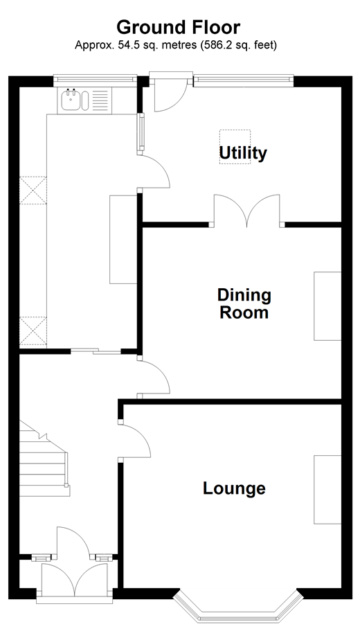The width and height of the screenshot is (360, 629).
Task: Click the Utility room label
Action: (243, 152)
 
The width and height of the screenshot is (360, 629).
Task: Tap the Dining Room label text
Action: (244, 304)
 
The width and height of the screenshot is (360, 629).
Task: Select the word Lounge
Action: (234, 488)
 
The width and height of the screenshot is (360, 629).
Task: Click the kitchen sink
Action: (71, 102)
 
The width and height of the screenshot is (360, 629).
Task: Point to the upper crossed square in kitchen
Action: (33, 191)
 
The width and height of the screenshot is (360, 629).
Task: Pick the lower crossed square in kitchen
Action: (33, 331)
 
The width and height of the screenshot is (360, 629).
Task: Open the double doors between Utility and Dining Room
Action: (246, 211)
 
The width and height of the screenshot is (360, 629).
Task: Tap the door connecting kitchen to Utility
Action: (155, 172)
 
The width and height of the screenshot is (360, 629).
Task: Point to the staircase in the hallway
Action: (43, 461)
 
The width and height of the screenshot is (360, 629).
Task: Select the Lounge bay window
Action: (238, 606)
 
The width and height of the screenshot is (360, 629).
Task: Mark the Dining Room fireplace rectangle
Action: (327, 305)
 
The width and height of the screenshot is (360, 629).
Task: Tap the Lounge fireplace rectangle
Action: (327, 489)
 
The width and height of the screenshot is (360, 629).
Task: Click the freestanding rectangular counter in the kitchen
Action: (123, 239)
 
